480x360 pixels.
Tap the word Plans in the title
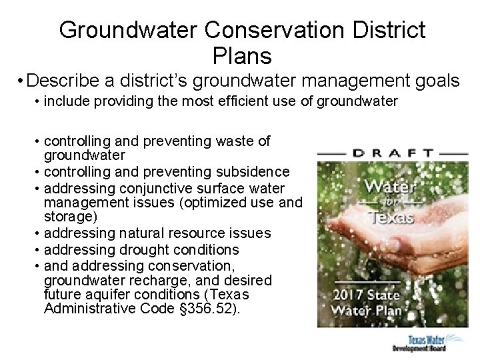[242, 55]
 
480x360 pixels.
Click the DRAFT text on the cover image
[393, 152]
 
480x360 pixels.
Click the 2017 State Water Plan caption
[367, 302]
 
